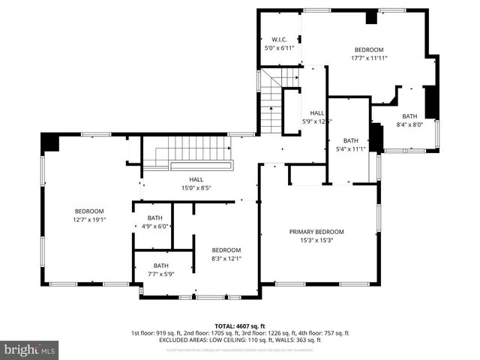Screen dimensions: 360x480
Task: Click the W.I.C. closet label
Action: point(278,39)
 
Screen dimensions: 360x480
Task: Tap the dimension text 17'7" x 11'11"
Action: point(368,58)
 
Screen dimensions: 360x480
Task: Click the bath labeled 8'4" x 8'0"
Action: point(409,120)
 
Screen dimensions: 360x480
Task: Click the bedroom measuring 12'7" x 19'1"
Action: point(89,216)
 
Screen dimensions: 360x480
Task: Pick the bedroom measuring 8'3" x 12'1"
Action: point(226,254)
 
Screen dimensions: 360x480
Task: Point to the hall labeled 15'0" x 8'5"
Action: point(196,184)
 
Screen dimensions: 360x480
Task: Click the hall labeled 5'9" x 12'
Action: point(316,117)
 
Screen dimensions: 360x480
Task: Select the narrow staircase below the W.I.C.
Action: point(270,105)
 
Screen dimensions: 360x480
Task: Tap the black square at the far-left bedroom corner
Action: point(50,142)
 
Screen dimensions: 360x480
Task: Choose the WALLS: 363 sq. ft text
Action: point(302,340)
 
